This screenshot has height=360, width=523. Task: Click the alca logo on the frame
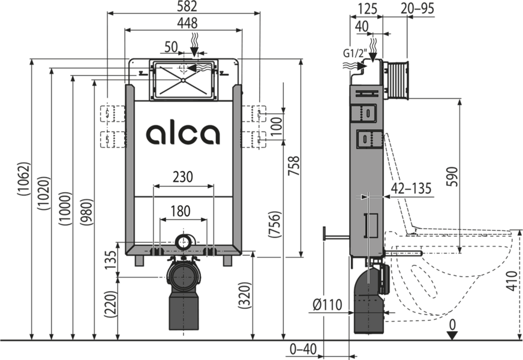point(183,134)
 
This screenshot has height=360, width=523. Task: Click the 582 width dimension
point(187,7)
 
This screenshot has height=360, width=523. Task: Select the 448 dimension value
point(187,23)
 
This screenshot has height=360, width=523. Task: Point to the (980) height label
point(87,212)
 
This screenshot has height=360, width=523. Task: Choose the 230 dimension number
point(183,177)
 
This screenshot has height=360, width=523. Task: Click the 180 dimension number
point(181,211)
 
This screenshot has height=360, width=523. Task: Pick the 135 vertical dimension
point(112,260)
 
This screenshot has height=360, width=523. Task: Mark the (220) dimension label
point(111,304)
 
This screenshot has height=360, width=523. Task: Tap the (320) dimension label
point(245,296)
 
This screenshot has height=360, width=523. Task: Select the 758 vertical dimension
point(294,166)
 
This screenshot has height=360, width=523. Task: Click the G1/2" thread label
point(355,53)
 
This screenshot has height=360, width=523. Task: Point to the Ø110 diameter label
point(327,305)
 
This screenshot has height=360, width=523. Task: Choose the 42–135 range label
point(411,188)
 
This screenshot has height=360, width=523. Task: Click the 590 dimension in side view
point(452,176)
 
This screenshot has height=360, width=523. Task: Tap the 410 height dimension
point(512,281)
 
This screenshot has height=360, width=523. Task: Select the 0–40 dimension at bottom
point(303,349)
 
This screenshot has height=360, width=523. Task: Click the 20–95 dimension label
point(417,8)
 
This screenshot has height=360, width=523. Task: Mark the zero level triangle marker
point(452,335)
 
